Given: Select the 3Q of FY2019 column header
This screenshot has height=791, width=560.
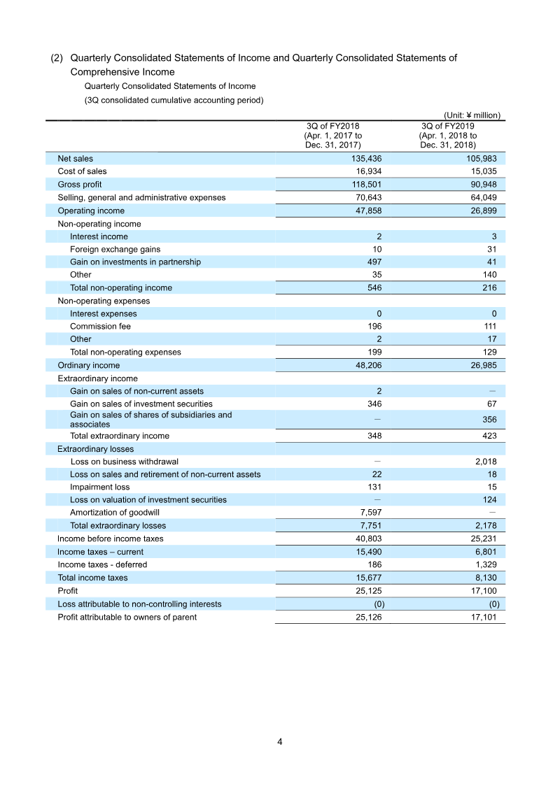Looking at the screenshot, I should coord(448,136).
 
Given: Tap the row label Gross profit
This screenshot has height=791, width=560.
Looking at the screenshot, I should coord(79,185).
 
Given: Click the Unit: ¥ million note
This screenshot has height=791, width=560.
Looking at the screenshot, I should coord(472,116).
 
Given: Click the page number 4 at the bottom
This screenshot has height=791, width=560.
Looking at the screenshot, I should coord(279,742).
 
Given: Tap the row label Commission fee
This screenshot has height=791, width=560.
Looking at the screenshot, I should coord(100,327).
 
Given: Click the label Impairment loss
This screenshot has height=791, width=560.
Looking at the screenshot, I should coord(99,487).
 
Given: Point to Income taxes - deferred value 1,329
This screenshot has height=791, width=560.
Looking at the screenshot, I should coord(483,564).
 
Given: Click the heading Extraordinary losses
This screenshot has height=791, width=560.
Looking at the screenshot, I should coord(95,449).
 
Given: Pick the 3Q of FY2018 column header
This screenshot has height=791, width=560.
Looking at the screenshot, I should coord(332,136).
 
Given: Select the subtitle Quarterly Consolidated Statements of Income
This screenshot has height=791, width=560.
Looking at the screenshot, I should coord(169,86).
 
